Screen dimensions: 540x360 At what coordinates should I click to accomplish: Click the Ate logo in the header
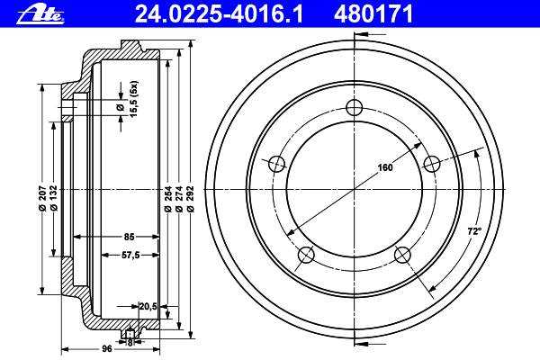(40, 15)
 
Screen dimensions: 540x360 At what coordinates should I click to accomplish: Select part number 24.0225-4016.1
(219, 14)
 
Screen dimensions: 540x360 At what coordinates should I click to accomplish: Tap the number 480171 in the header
(373, 14)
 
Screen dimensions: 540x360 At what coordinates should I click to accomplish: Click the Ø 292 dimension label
(191, 199)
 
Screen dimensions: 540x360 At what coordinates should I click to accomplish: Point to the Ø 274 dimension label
(179, 199)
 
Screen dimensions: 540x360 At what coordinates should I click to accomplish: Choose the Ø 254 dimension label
(167, 199)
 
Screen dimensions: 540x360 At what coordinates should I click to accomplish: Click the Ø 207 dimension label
(42, 198)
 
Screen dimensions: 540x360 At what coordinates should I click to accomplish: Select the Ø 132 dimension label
(54, 198)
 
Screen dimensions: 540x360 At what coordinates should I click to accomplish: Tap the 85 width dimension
(129, 237)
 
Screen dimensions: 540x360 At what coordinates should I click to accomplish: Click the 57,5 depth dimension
(130, 255)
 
